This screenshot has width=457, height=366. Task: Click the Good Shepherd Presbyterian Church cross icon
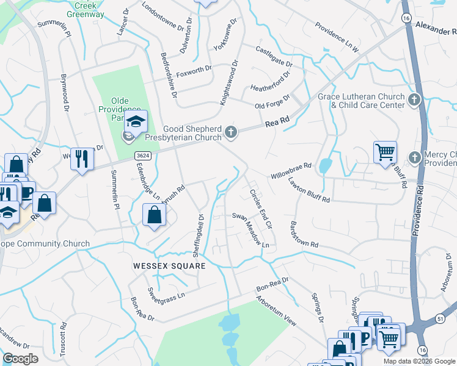point(231,131)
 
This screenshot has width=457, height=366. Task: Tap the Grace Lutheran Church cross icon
point(415,99)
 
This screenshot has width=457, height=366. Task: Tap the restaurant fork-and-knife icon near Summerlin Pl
point(81,158)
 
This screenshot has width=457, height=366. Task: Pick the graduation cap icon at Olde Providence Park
point(137,120)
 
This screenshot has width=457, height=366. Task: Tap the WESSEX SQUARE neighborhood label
point(168,267)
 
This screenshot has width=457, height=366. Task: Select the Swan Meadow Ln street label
point(251,229)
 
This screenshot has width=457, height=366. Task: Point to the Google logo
point(21,359)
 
